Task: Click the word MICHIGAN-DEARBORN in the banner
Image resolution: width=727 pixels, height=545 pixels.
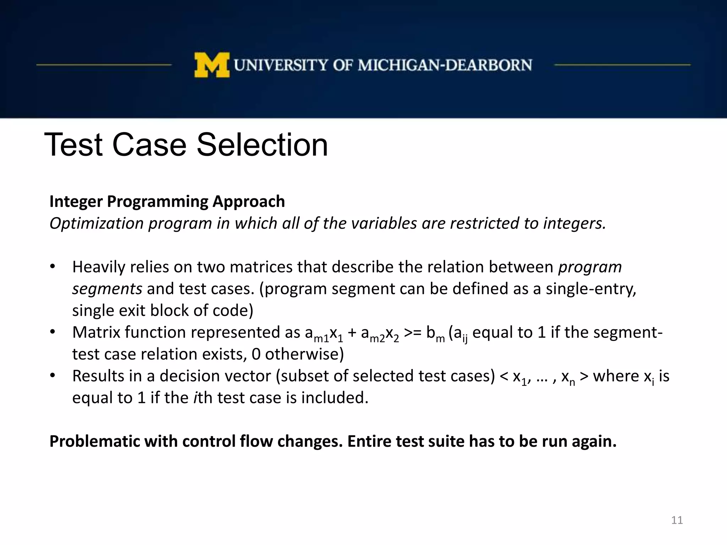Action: tap(445, 65)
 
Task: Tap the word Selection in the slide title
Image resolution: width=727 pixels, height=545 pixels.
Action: tap(262, 145)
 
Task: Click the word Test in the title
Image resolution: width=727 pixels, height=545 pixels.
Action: tap(73, 145)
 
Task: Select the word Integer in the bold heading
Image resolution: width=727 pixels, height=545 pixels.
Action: tap(76, 202)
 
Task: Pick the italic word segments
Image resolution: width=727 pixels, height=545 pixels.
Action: tap(107, 289)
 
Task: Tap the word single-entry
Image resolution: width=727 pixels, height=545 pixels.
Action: tap(591, 289)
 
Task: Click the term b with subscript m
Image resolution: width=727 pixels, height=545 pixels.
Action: tap(435, 334)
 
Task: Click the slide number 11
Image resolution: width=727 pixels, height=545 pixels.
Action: tap(677, 520)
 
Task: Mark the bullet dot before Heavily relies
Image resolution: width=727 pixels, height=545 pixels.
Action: tap(53, 267)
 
